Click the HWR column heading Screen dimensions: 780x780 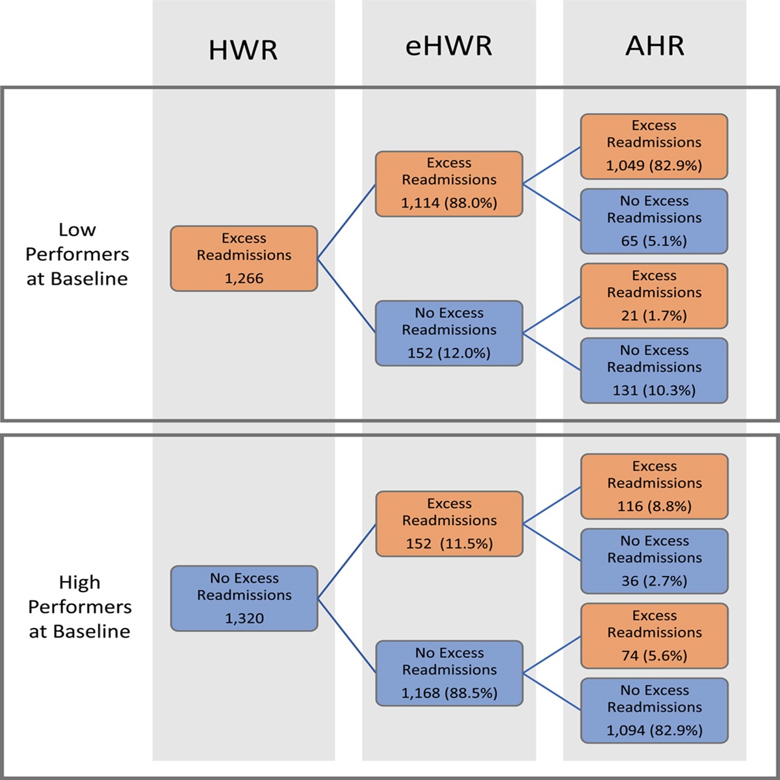point(243,50)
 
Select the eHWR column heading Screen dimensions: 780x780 point(448,46)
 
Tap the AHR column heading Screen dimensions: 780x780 point(655,46)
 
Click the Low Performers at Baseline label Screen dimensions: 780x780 point(77,254)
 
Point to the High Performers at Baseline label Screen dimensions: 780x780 point(79,606)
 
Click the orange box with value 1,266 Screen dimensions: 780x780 point(244,259)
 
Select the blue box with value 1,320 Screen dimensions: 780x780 point(244,599)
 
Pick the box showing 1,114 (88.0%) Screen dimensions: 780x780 point(448,184)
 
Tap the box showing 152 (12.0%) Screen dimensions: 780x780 point(448,333)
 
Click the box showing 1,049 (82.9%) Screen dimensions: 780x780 point(654,146)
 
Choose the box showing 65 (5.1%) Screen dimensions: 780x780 point(654,221)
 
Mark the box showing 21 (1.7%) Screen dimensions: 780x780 point(654,296)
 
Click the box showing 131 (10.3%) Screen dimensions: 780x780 point(654,370)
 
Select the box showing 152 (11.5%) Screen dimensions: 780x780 point(449,524)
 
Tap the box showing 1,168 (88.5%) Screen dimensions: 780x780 point(449,673)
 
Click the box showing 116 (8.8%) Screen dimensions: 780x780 point(654,486)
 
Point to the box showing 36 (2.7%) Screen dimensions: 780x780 point(654,561)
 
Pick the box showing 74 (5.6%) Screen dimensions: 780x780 point(654,636)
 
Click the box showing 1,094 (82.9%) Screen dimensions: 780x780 point(654,710)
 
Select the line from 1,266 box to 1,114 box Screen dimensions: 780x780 point(346,222)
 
